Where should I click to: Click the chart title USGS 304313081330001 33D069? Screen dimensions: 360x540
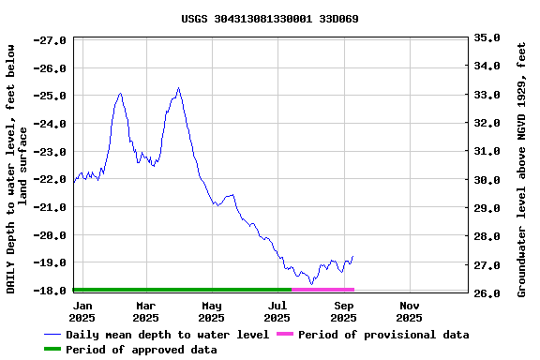point(270,19)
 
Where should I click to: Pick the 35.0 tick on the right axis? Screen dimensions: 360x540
point(487,37)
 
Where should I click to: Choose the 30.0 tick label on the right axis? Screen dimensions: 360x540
point(487,180)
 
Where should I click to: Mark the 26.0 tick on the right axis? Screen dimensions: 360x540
point(487,293)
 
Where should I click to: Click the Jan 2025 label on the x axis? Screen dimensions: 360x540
point(82,311)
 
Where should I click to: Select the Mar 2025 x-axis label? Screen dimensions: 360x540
point(145,311)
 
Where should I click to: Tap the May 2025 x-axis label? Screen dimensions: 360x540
point(212,311)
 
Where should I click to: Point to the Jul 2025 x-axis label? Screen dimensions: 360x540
point(277,311)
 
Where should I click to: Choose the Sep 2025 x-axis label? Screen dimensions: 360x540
point(343,311)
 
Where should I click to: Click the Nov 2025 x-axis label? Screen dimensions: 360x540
point(410,311)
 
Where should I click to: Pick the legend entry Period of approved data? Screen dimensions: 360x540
point(142,350)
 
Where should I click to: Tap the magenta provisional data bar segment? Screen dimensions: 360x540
point(322,290)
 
